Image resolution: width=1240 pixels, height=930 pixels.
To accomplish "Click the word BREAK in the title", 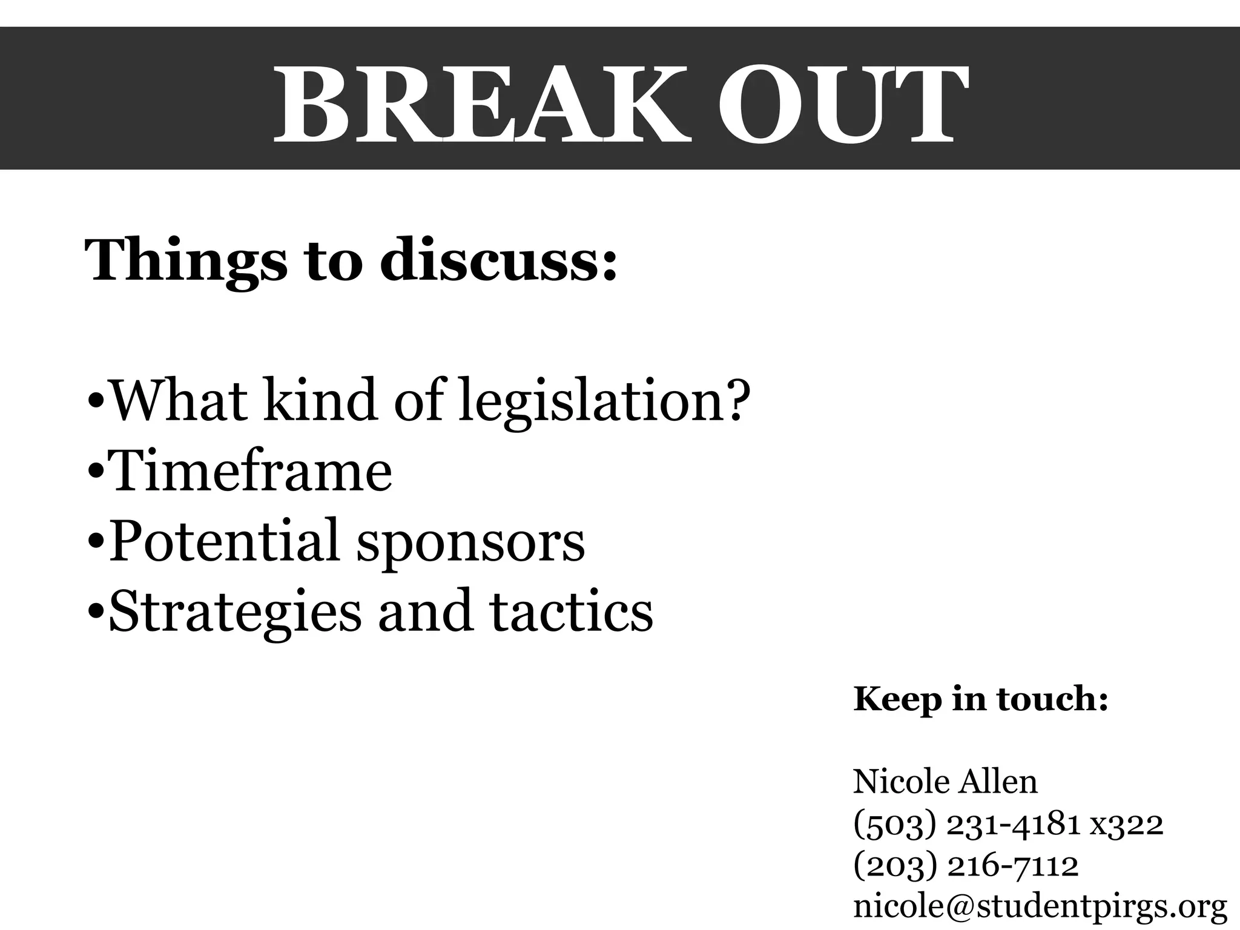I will point(482,105).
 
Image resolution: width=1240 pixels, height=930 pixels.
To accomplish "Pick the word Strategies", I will point(234,612).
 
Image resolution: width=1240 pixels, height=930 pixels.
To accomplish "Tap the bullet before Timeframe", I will point(96,472).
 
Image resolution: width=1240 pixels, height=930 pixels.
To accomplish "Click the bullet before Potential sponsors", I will point(96,542).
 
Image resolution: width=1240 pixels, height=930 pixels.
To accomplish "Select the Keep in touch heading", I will point(980,699).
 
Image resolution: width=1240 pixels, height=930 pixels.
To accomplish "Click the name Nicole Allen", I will point(945,782).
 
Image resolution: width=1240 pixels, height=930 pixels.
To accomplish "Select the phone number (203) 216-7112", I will point(966,865).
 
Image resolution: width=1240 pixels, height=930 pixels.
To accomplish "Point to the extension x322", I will point(1126,824).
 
